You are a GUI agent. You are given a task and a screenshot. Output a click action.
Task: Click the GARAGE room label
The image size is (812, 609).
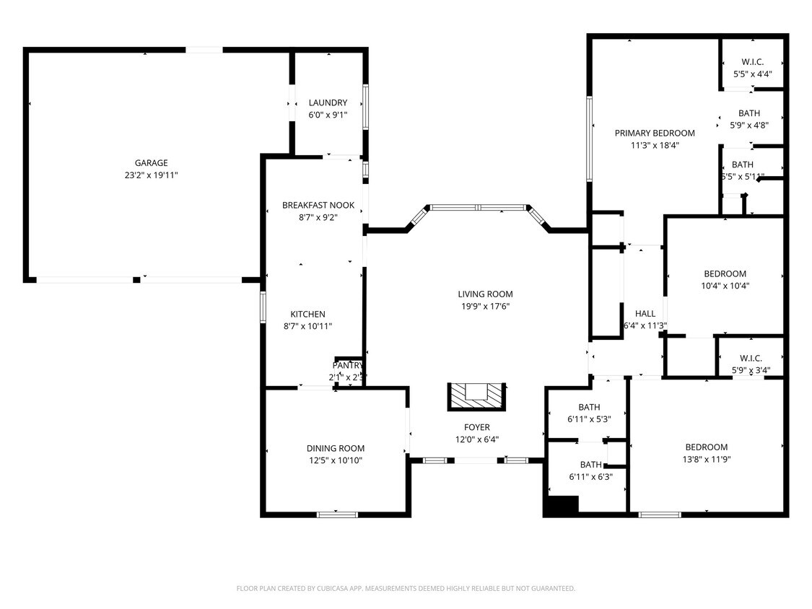point(151,163)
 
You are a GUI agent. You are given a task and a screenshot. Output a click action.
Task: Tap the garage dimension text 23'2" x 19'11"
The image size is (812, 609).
point(151,175)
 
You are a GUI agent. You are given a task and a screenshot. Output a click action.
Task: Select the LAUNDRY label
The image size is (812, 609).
point(328,102)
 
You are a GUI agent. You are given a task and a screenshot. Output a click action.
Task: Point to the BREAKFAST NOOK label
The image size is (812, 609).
point(318,206)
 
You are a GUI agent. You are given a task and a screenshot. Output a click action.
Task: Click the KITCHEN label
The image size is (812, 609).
point(307,314)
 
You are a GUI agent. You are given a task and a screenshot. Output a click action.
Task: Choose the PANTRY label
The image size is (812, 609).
point(348,366)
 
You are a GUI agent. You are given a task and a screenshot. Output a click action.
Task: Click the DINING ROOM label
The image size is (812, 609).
point(336,448)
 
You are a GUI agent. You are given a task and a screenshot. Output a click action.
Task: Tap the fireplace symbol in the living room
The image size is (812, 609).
point(476,395)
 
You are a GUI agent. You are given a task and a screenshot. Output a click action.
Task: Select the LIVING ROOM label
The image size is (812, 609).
point(485,294)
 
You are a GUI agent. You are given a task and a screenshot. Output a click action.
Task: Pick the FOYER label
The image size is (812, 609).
point(476,427)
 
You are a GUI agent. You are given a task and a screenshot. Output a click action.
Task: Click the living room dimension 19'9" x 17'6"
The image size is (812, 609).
point(485,306)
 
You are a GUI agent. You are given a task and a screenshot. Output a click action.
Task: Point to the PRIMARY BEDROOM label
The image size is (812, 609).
point(655,133)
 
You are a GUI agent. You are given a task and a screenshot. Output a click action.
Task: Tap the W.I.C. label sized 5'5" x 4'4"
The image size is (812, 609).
point(752,62)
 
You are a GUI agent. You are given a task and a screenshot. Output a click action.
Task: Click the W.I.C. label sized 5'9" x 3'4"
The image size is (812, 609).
point(751,359)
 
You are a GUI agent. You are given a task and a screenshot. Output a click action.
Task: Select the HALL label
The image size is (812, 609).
point(645,313)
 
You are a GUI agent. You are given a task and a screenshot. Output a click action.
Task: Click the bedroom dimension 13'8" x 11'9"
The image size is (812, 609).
point(706,459)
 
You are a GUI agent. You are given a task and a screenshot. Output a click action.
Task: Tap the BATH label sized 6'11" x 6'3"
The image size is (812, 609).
point(590,465)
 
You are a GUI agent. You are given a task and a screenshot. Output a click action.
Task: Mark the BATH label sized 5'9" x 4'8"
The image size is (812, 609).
point(748,113)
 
